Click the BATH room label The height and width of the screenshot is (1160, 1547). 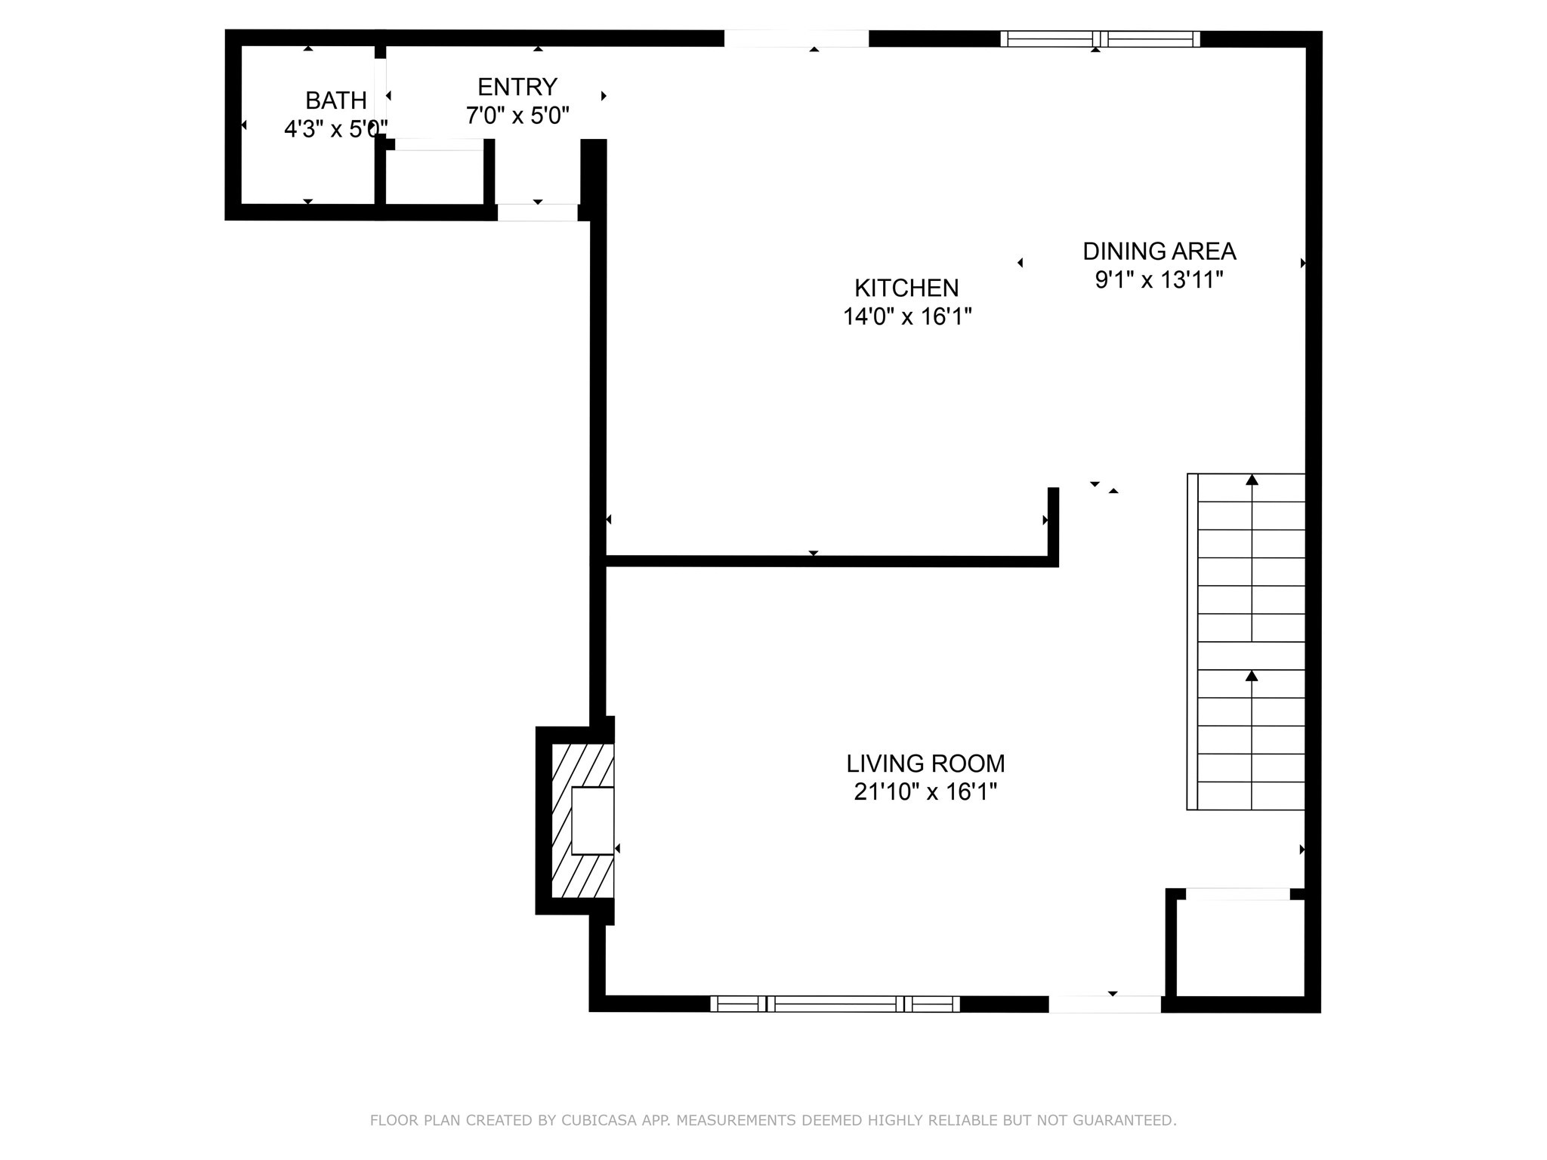(x=335, y=100)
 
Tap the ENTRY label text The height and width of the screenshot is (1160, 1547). (x=517, y=87)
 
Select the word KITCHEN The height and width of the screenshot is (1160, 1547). (x=906, y=288)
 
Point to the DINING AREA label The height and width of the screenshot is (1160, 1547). (x=1159, y=251)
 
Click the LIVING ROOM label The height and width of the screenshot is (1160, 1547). (x=925, y=764)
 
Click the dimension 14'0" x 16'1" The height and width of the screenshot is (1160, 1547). (x=906, y=316)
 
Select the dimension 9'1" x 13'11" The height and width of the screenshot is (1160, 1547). (x=1159, y=280)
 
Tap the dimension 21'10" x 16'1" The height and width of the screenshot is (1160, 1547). (x=925, y=792)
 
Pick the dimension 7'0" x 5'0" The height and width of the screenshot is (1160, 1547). (x=517, y=116)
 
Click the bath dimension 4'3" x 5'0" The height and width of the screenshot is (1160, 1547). (x=335, y=129)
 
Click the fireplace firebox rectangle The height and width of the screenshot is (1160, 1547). (x=592, y=821)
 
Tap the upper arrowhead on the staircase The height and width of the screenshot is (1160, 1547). (x=1252, y=480)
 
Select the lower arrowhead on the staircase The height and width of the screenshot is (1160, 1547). (x=1252, y=676)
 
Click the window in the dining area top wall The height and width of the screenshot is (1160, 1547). (x=1100, y=39)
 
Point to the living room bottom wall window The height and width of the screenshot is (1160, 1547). (x=835, y=1004)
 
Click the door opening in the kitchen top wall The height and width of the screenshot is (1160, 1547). (x=796, y=39)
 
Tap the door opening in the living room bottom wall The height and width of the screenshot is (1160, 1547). (x=1104, y=1004)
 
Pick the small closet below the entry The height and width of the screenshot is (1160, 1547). (x=434, y=177)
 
